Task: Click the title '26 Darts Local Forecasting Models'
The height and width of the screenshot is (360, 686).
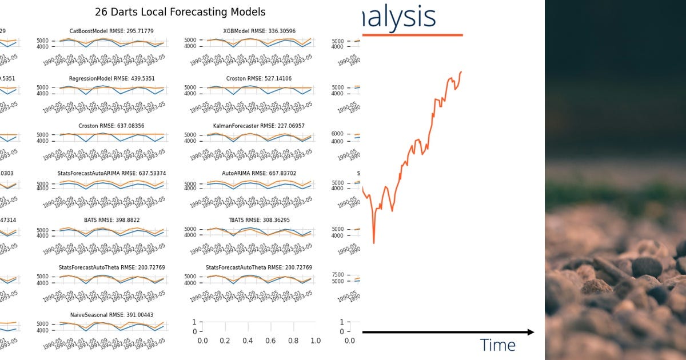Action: coord(180,12)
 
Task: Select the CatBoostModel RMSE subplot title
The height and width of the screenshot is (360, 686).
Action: coord(111,31)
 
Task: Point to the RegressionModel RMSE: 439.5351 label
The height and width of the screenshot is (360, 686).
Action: coord(111,78)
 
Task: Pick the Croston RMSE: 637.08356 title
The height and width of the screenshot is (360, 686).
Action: coord(111,126)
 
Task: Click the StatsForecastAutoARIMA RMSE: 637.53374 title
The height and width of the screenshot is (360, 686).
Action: coord(111,173)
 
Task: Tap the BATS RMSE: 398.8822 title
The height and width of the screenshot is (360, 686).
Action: coord(111,220)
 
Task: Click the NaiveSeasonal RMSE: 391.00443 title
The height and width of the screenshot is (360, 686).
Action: coord(111,315)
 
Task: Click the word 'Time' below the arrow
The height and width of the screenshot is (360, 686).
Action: coord(497,345)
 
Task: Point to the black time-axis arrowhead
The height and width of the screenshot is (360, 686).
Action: coord(531,332)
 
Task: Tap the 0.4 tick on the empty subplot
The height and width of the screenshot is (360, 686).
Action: coord(247,341)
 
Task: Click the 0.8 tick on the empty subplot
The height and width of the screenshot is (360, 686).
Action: coord(292,341)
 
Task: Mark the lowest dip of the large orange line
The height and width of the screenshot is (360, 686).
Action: coord(374,243)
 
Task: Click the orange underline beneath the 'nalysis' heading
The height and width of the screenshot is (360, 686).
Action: coord(412,35)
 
